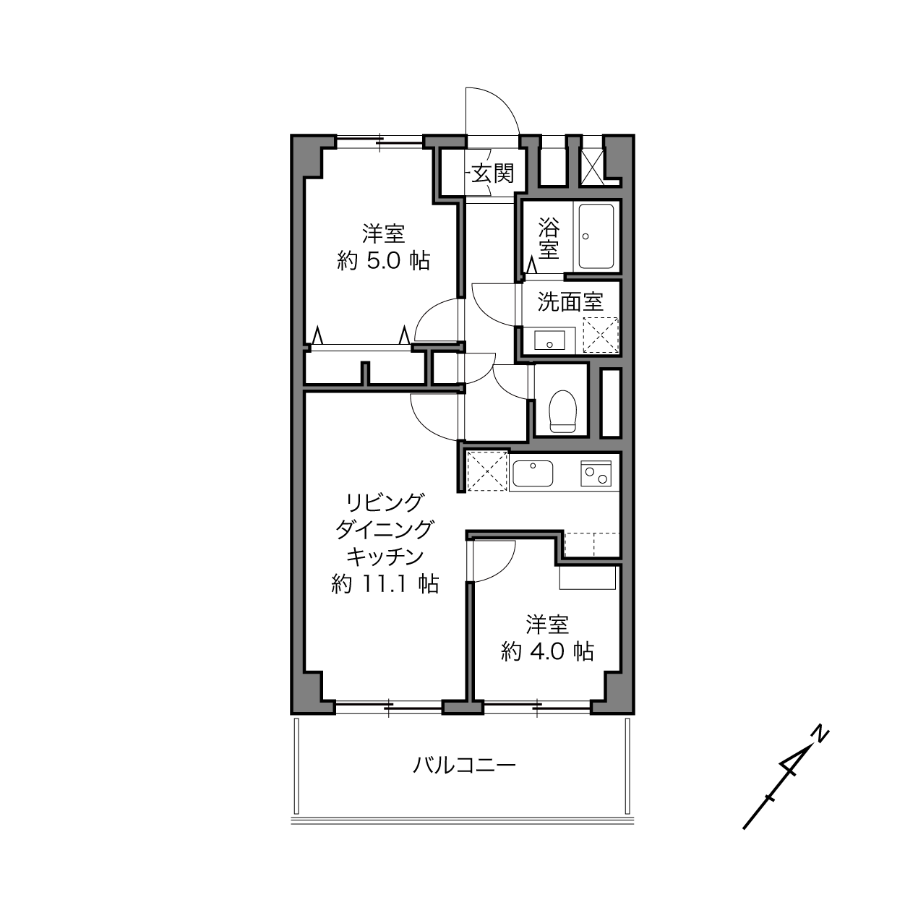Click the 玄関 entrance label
click(493, 173)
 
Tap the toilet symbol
click(562, 411)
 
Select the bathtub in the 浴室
click(596, 236)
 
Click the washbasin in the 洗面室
click(549, 340)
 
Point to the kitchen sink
click(533, 473)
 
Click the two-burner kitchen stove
click(596, 473)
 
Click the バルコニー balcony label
click(464, 765)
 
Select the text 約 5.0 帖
click(383, 260)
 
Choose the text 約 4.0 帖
click(547, 651)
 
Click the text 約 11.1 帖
click(385, 584)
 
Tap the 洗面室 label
click(570, 301)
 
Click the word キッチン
click(385, 557)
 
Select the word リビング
click(385, 502)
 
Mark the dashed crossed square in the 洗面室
click(601, 335)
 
